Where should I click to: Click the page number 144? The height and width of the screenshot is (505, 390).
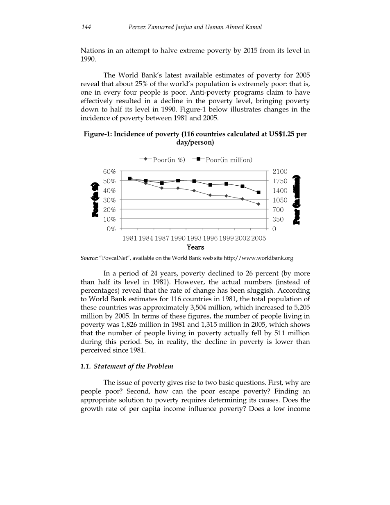[86, 27]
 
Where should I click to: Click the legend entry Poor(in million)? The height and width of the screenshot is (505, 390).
[229, 160]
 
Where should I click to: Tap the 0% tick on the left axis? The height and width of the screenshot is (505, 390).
[111, 229]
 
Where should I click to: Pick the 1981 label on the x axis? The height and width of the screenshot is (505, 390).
[130, 238]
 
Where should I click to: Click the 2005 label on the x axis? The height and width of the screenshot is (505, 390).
[258, 238]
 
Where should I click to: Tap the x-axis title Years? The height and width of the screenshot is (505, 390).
[195, 247]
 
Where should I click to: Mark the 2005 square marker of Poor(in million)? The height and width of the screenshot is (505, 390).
[258, 192]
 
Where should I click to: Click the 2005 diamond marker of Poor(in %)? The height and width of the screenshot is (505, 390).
[258, 204]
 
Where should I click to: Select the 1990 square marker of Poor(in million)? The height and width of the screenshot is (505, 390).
[178, 180]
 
